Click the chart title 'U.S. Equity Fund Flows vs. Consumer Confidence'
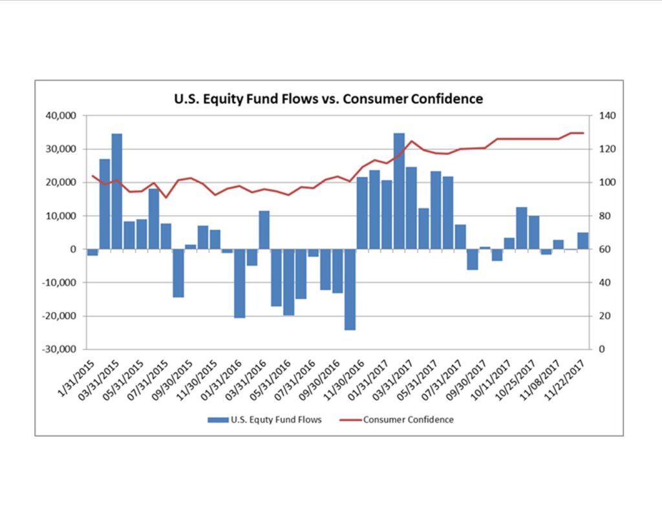click(x=328, y=99)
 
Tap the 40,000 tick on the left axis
click(x=63, y=116)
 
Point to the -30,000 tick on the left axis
click(x=61, y=349)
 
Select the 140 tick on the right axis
click(x=607, y=116)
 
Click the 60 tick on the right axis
click(x=604, y=249)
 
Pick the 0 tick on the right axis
click(x=602, y=349)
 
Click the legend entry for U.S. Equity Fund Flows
click(x=265, y=419)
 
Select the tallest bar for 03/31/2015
click(x=117, y=191)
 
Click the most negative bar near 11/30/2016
click(x=350, y=289)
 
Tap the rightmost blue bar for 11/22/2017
click(x=583, y=241)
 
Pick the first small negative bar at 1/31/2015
click(x=92, y=252)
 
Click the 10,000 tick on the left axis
click(x=63, y=216)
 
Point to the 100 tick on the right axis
click(x=607, y=183)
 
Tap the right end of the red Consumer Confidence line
click(x=583, y=133)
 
